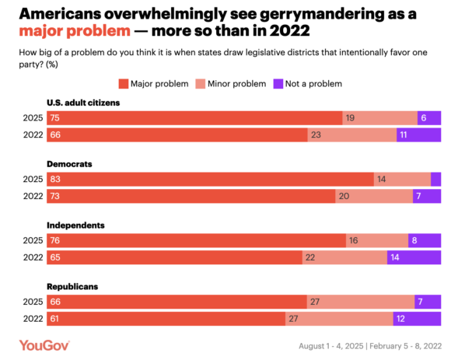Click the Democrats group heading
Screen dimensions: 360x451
[71, 163]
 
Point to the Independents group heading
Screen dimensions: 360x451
[76, 225]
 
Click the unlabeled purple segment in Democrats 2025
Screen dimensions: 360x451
[435, 179]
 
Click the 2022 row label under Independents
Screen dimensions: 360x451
[32, 257]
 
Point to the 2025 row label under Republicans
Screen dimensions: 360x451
[32, 301]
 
